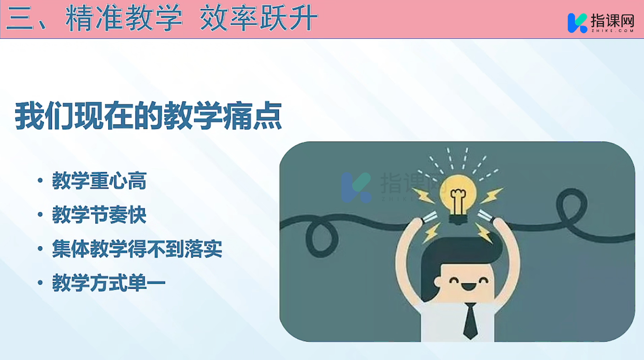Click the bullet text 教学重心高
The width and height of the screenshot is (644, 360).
pos(99,181)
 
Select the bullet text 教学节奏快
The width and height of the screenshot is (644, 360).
pos(99,214)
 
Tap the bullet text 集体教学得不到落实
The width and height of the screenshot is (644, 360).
pos(137,248)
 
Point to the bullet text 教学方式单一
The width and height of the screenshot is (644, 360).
pos(109,282)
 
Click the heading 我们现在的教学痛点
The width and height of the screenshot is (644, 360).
pos(148,115)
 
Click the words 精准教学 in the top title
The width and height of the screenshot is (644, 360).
pos(124,18)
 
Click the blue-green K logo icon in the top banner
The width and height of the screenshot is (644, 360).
pos(577,23)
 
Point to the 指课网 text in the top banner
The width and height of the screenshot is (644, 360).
pos(612,20)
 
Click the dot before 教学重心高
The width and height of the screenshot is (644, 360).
pos(40,181)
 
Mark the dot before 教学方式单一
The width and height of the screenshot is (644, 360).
pos(40,282)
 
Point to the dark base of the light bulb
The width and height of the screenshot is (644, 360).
pos(458,220)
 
